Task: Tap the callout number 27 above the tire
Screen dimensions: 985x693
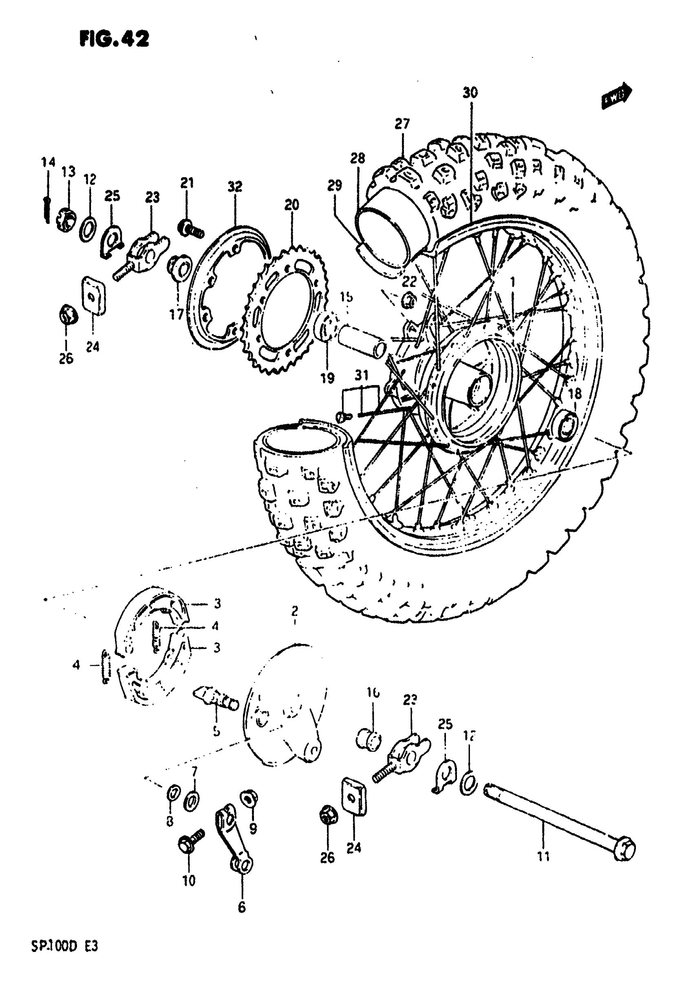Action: pos(402,124)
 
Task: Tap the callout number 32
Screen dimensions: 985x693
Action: pos(235,187)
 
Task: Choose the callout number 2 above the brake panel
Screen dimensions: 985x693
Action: pos(295,610)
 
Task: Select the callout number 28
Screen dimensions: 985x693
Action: pos(358,158)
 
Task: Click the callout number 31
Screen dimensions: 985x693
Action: pos(362,375)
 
